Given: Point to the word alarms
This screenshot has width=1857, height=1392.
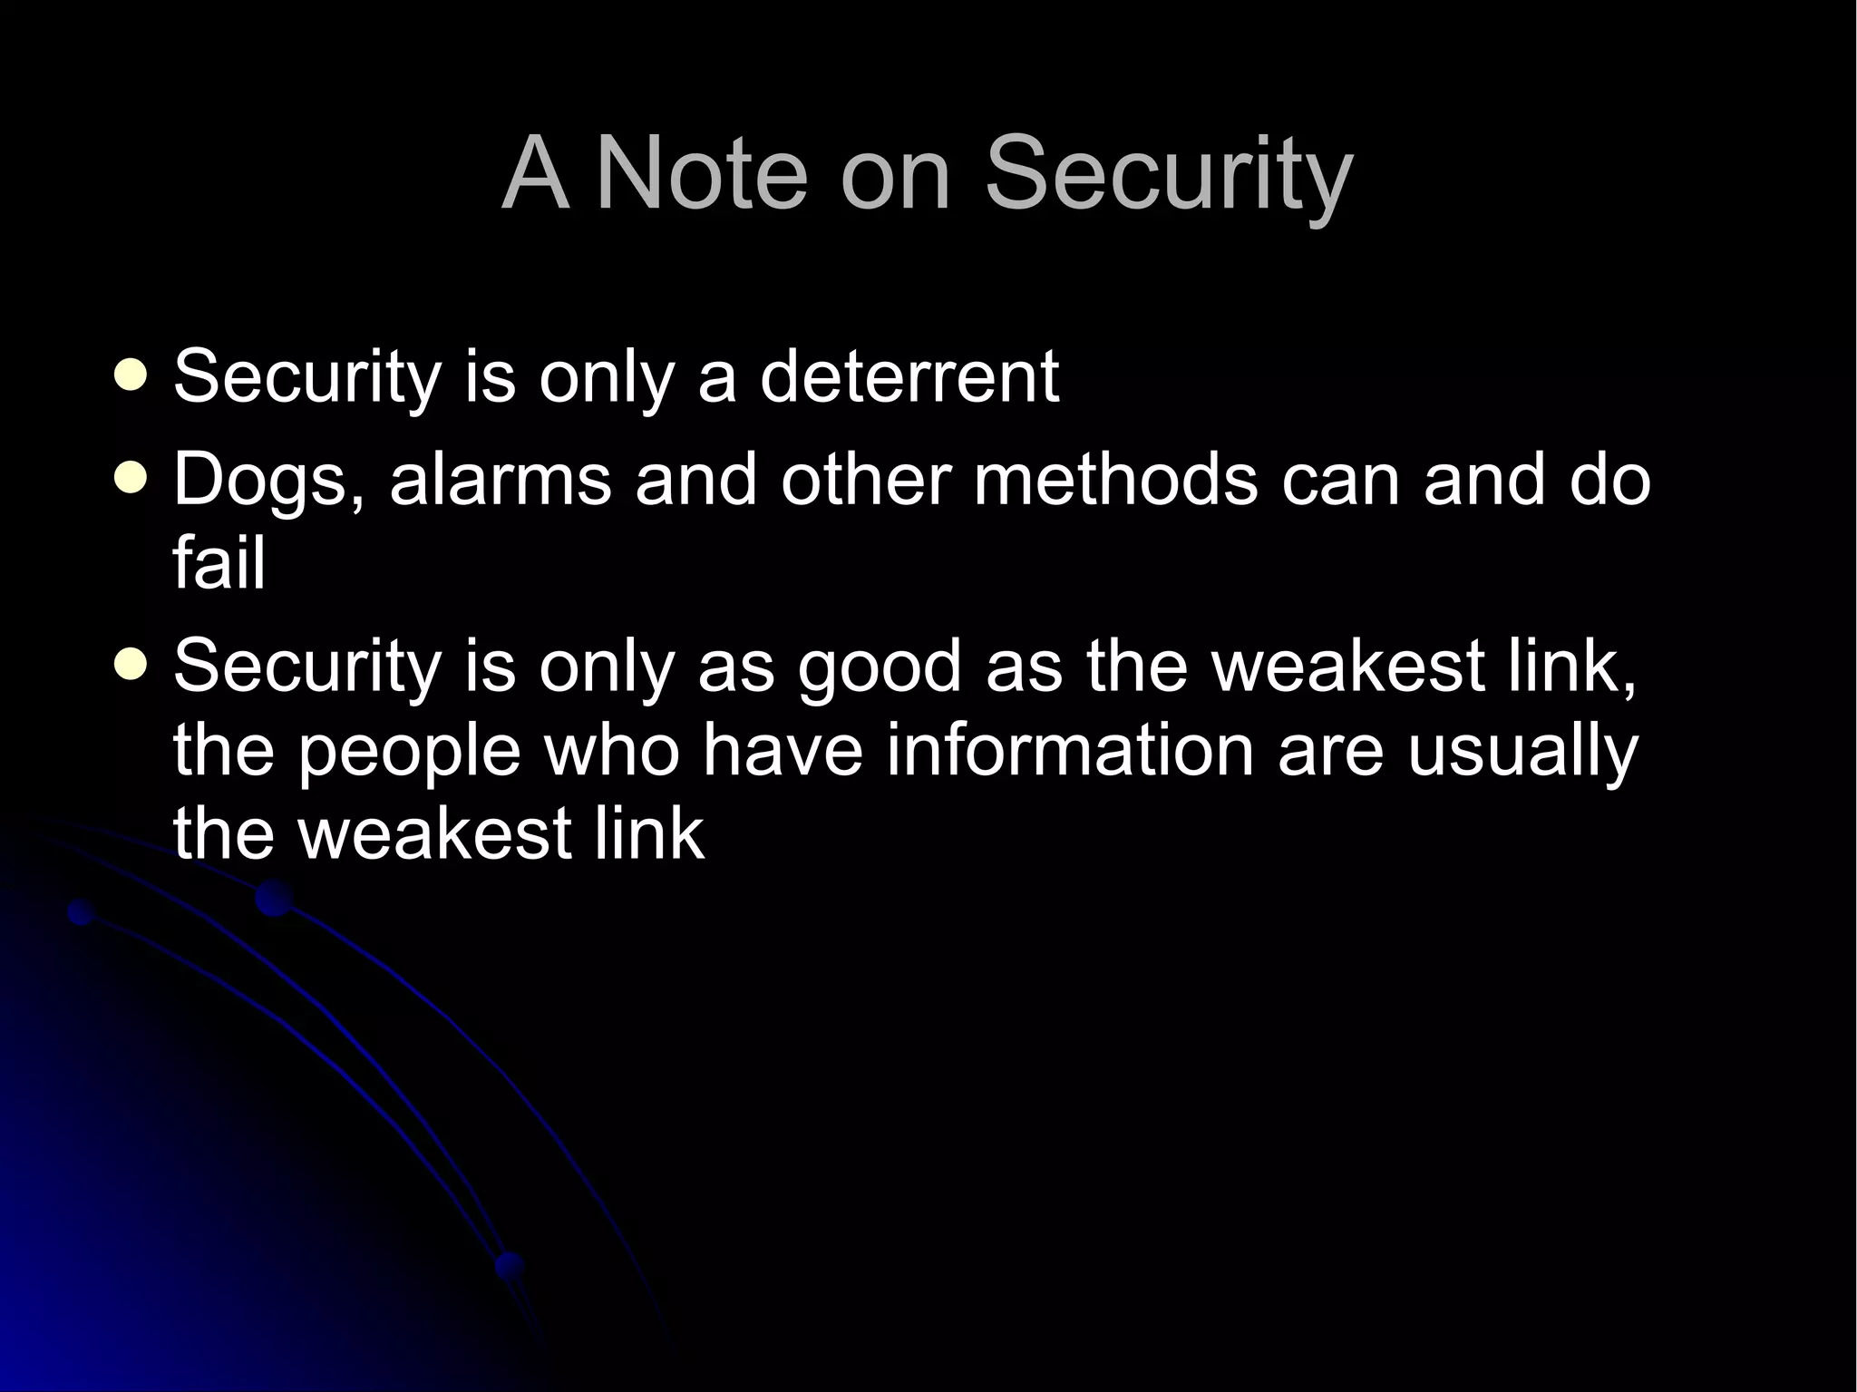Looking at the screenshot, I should [x=501, y=479].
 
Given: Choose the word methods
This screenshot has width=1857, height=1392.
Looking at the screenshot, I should [x=1115, y=479].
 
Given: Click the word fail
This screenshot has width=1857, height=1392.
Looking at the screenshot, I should [x=219, y=563].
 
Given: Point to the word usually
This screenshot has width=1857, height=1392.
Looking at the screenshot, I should [x=1522, y=752].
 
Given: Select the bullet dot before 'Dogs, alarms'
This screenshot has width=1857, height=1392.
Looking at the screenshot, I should [x=132, y=478].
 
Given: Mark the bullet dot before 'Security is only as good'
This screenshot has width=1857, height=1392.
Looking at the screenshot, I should [x=132, y=667].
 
